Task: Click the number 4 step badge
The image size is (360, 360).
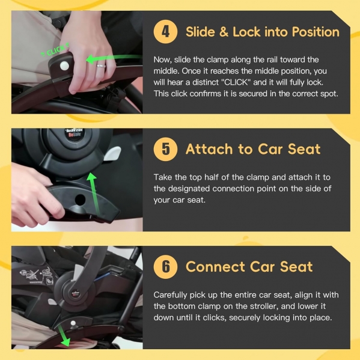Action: point(165,32)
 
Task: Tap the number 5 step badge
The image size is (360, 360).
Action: point(165,149)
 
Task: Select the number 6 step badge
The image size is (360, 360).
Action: point(165,267)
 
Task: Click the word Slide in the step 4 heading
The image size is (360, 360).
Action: point(200,32)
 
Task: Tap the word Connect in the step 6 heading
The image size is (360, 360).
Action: point(215,267)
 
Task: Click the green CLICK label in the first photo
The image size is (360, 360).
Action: point(55,50)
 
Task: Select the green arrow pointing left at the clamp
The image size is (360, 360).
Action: point(114,58)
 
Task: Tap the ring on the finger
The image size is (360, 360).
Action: point(101,66)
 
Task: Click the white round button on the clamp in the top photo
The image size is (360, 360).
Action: point(64,66)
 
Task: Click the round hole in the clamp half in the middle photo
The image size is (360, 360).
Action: point(80,200)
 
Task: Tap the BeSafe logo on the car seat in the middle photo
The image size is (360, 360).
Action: point(75,134)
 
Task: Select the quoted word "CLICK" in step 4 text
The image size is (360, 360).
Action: point(237,82)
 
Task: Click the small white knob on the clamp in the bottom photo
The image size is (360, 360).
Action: point(73,323)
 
